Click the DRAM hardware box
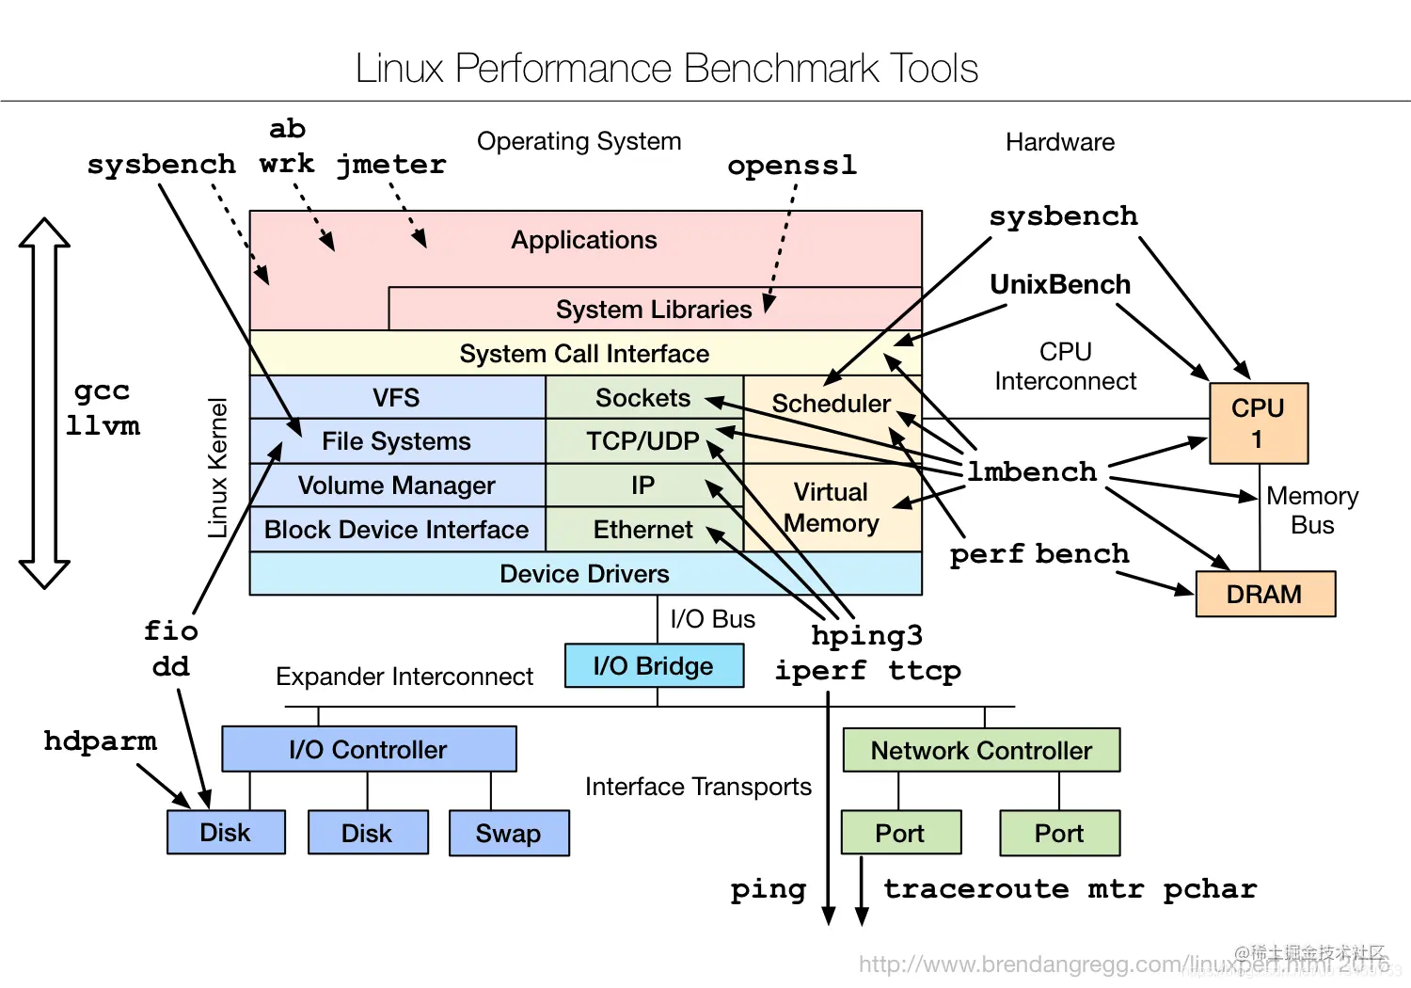(1265, 595)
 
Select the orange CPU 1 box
(1258, 423)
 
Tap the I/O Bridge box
(654, 666)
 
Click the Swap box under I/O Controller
(509, 834)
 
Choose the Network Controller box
(981, 751)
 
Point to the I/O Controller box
(369, 750)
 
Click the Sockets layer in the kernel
(643, 398)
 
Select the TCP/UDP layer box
(643, 441)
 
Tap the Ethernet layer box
(643, 530)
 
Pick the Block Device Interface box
(396, 530)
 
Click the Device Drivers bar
(584, 574)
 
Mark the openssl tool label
(792, 166)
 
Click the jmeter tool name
(391, 165)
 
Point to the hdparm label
(100, 741)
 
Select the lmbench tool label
(1032, 471)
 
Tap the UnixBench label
(1060, 284)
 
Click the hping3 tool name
(866, 636)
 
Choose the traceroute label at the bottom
(975, 889)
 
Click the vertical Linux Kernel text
(217, 468)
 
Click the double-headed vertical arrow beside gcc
(44, 404)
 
